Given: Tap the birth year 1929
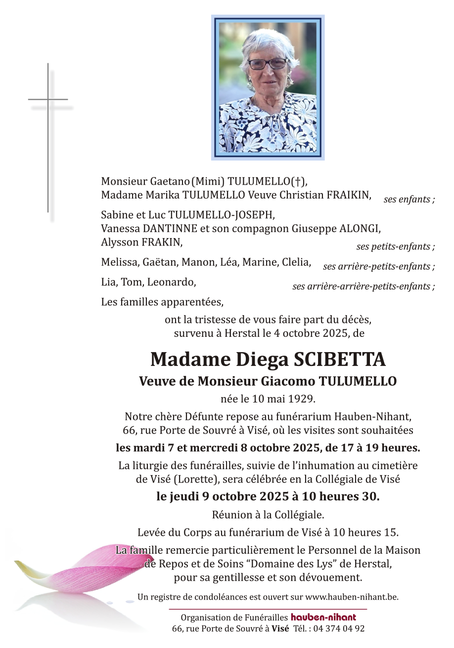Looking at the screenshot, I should [301, 399].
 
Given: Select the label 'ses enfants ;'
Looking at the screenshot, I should [409, 200].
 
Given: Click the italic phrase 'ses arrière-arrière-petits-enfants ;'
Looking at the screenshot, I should [363, 286].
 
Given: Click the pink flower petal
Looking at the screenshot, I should [99, 568].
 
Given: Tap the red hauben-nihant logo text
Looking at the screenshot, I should [323, 617].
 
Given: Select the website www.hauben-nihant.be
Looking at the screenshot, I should [352, 597].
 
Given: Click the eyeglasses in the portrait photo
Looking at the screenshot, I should [268, 64].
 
